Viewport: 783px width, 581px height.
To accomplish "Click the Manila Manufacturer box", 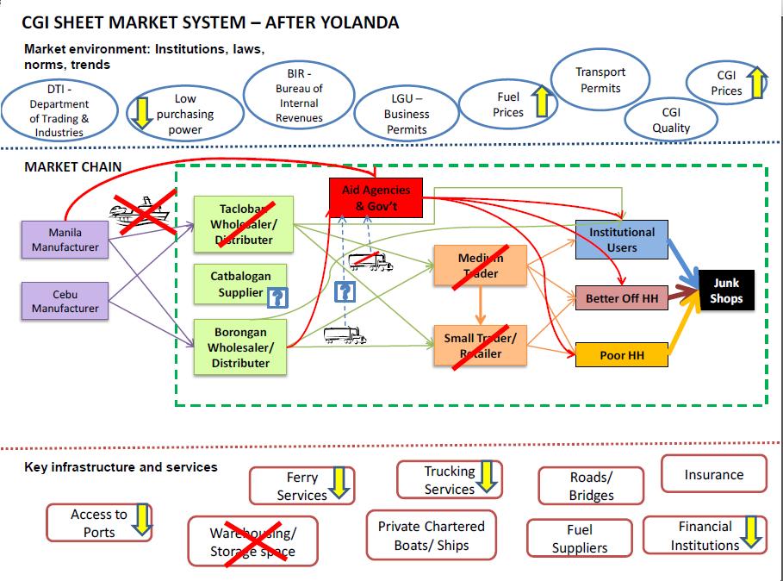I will point(65,240).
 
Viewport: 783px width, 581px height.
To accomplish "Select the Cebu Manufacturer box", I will point(65,301).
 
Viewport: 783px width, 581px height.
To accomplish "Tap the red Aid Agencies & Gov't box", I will point(370,197).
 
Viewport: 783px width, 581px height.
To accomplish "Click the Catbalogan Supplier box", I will point(240,284).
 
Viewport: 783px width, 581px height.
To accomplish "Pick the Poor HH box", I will point(621,354).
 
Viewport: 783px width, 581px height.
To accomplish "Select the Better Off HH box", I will point(621,298).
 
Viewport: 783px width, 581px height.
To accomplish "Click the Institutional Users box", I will point(621,240).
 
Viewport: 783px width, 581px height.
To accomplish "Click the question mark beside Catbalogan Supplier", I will point(277,298).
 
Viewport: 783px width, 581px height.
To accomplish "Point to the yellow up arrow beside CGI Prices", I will point(756,83).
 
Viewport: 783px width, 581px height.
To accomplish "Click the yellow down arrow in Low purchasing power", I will point(141,113).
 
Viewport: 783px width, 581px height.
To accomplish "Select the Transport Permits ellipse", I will point(600,80).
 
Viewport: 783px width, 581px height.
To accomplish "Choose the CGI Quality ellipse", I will point(670,120).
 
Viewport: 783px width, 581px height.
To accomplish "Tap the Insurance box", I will point(713,474).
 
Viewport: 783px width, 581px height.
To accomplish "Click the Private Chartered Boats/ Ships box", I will point(431,535).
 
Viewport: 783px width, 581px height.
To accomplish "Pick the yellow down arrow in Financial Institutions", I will point(750,533).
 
